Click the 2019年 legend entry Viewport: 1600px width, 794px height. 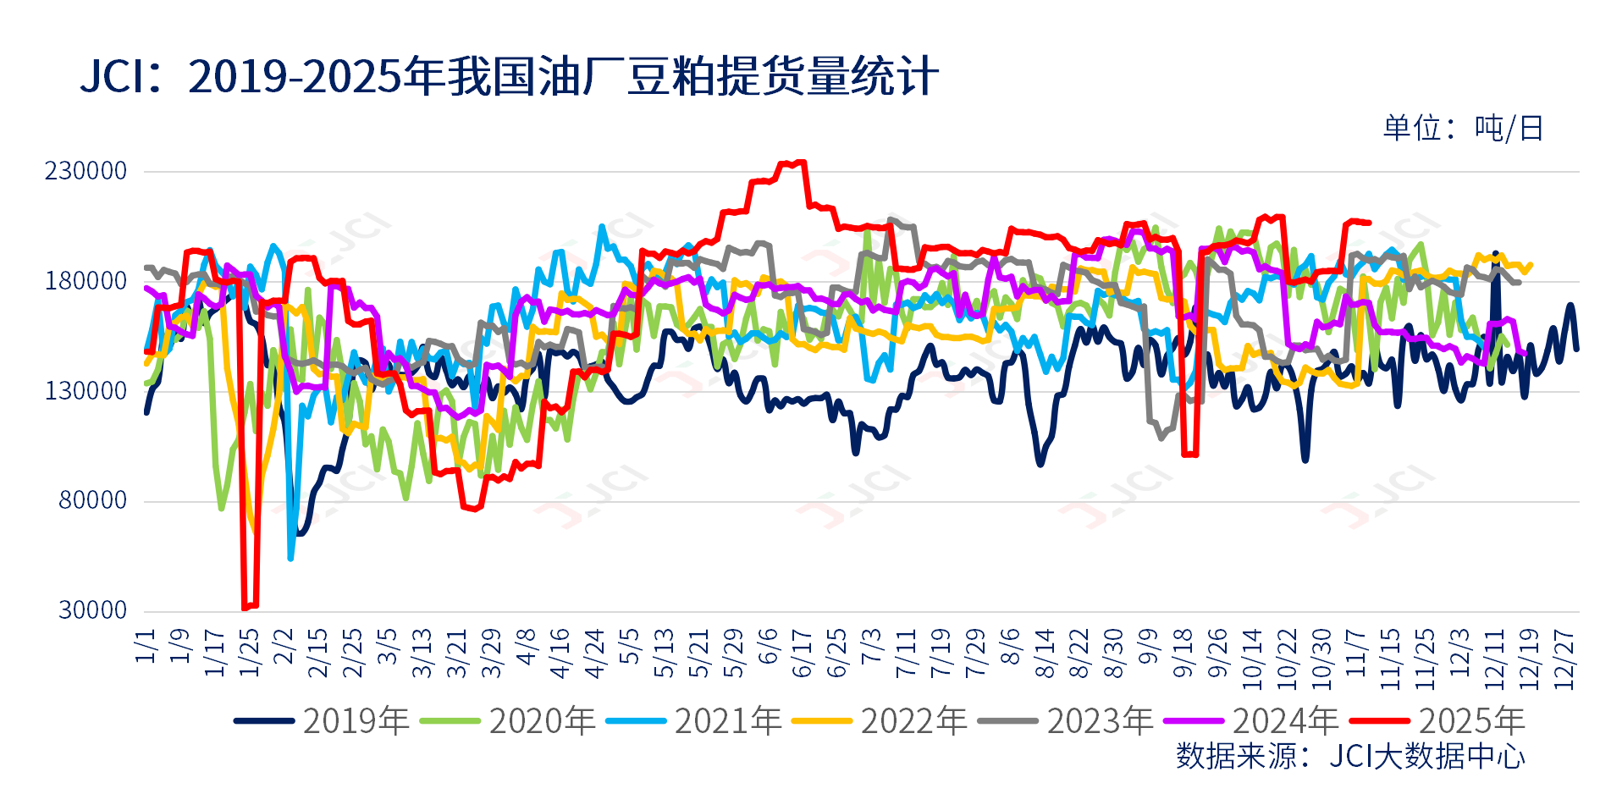[x=323, y=721]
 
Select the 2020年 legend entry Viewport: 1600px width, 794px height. [x=509, y=721]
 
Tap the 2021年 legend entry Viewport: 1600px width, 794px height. [x=694, y=721]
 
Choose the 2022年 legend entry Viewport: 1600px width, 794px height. [x=880, y=721]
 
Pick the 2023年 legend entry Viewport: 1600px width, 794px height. [x=1066, y=721]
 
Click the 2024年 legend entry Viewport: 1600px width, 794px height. [x=1252, y=721]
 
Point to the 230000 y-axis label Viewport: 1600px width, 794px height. [x=86, y=171]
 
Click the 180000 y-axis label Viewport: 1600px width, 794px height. [x=86, y=281]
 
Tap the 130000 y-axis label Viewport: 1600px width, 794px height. [x=86, y=391]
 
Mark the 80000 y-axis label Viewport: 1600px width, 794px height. [x=92, y=500]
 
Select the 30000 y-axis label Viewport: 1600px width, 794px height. [x=92, y=610]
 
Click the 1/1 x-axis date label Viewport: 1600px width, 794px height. [x=146, y=645]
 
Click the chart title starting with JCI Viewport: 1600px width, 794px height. [x=509, y=76]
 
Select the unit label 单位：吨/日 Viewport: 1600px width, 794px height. [x=1464, y=128]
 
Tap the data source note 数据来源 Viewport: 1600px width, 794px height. [x=1350, y=756]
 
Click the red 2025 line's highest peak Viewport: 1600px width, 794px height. [x=793, y=162]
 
